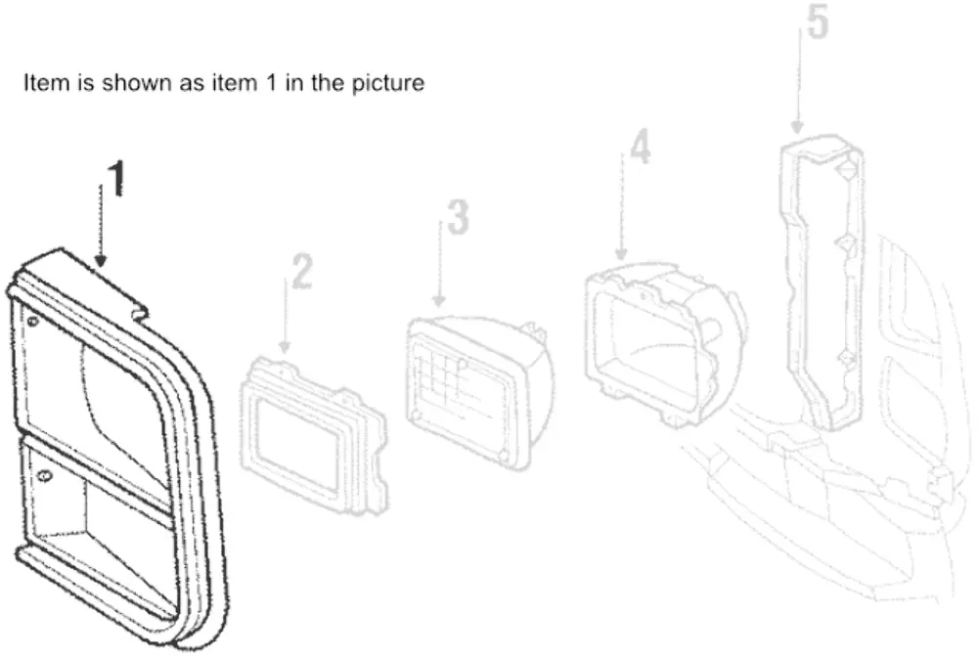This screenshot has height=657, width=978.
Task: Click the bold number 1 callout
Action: point(116,178)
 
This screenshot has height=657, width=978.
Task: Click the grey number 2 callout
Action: point(302,271)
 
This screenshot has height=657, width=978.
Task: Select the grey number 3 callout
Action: point(459,218)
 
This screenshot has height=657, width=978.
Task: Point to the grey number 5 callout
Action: point(817,22)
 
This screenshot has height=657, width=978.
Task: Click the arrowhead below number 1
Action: point(101,261)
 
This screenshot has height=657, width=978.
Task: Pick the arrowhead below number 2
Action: point(285,346)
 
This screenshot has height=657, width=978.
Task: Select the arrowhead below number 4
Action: point(621,253)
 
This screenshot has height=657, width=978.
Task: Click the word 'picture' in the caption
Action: point(388,83)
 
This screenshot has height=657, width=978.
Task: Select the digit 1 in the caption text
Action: point(271,82)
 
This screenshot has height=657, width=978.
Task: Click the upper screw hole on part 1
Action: point(32,322)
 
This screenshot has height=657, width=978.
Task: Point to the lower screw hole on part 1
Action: point(43,477)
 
